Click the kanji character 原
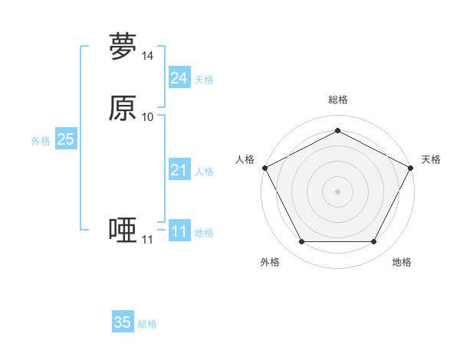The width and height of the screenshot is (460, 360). pyautogui.click(x=123, y=109)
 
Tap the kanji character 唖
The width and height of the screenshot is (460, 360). pyautogui.click(x=123, y=230)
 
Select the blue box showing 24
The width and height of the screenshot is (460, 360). pyautogui.click(x=179, y=78)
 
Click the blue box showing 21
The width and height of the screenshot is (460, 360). pyautogui.click(x=179, y=171)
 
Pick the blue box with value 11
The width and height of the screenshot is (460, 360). pyautogui.click(x=179, y=231)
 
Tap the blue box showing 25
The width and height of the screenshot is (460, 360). pyautogui.click(x=66, y=139)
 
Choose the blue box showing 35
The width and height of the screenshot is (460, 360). pyautogui.click(x=123, y=322)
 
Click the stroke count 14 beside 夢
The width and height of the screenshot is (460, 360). pyautogui.click(x=148, y=56)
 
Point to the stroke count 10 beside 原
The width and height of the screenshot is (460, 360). pyautogui.click(x=148, y=117)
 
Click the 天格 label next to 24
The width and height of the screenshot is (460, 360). pyautogui.click(x=204, y=80)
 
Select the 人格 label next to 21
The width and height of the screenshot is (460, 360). pyautogui.click(x=204, y=172)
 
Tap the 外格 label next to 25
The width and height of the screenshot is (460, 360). pyautogui.click(x=41, y=141)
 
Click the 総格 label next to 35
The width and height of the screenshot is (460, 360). pyautogui.click(x=147, y=324)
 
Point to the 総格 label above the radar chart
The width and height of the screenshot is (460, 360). pyautogui.click(x=337, y=100)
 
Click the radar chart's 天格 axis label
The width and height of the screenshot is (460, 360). pyautogui.click(x=431, y=159)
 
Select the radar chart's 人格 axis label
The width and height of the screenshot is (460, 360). pyautogui.click(x=245, y=159)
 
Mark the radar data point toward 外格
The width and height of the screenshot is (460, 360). pyautogui.click(x=301, y=242)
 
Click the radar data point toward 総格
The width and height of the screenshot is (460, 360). pyautogui.click(x=337, y=131)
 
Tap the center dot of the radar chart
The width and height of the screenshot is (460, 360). pyautogui.click(x=337, y=191)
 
